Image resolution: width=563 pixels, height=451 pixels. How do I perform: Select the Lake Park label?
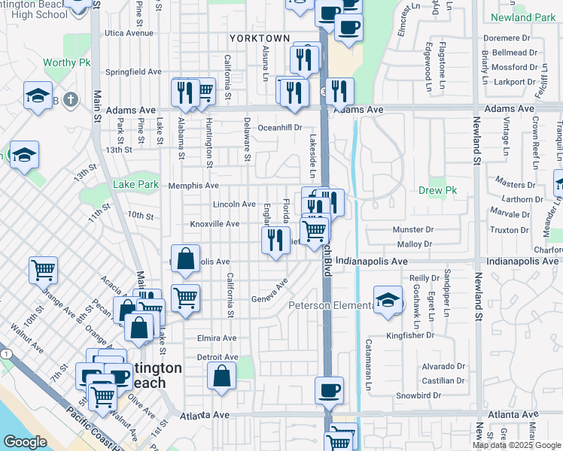coord(135,184)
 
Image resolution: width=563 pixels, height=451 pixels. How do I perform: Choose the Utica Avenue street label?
coord(129,33)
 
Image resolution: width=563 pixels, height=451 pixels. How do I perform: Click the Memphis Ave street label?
coord(193,186)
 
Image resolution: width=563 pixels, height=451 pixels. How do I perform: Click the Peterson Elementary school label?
coord(331,305)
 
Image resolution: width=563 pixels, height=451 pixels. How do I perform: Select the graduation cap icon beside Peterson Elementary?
coord(388,301)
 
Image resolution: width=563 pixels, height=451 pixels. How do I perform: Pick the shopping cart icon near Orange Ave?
coord(43,268)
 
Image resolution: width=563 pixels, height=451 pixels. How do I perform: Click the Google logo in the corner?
coord(25,443)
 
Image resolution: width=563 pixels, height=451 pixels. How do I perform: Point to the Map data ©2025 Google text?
coord(516,445)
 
